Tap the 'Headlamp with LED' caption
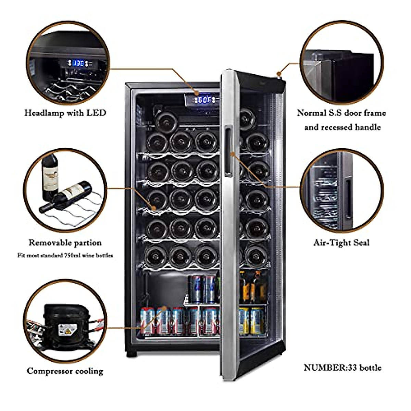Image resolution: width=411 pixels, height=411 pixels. pos(65,113)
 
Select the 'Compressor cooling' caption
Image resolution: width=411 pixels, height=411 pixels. pos(65,371)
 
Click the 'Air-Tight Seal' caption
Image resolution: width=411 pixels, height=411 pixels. pos(341,243)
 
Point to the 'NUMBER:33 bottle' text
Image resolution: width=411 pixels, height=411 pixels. pos(342,368)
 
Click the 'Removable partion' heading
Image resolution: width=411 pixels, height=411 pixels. pos(65,243)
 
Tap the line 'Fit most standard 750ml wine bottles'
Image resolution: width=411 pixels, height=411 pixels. pos(65,256)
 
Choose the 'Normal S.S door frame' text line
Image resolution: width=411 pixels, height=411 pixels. pos(341,113)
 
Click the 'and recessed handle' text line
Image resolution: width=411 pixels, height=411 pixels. pos(342,127)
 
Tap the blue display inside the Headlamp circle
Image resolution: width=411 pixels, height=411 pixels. pos(79,63)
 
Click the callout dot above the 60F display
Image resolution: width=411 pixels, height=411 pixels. pos(197,93)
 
